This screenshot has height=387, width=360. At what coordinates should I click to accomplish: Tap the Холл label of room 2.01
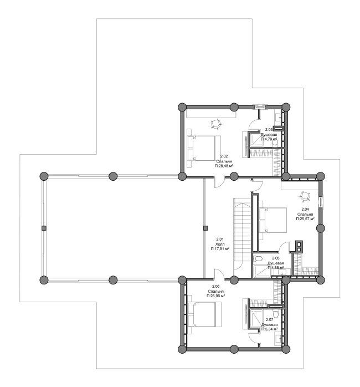point(220,244)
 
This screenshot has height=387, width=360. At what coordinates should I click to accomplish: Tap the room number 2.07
point(270,320)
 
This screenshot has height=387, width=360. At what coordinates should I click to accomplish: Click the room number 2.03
point(269,129)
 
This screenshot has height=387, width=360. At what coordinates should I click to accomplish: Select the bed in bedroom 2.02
point(200,148)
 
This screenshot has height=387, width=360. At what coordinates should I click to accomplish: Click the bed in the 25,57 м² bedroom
point(272,220)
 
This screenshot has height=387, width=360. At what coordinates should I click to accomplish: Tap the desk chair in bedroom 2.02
point(216,124)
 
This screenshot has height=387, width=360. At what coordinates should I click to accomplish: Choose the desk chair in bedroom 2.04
point(305,196)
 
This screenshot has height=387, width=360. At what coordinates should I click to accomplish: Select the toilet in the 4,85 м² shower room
point(258,259)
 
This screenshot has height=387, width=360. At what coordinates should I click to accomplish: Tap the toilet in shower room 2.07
point(277,314)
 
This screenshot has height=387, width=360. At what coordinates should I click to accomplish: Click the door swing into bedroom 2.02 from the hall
point(219,182)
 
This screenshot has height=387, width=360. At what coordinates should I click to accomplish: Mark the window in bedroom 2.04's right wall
point(321,202)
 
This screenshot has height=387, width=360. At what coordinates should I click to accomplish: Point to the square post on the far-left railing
point(44,228)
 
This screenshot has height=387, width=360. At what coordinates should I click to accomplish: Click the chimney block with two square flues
point(299,246)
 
